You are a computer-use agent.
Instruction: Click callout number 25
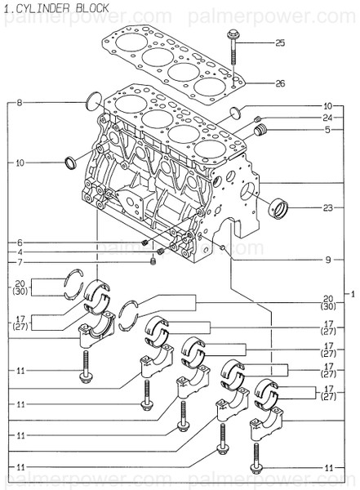pos(280,42)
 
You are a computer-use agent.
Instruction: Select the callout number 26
pos(280,83)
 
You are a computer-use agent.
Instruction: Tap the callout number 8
pos(20,102)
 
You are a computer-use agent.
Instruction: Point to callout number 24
pos(327,118)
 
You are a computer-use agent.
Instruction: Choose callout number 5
pos(327,129)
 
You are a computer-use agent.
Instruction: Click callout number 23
pos(327,207)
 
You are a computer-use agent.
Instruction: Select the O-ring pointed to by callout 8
pos(95,101)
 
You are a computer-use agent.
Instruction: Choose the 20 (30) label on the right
pos(327,301)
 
